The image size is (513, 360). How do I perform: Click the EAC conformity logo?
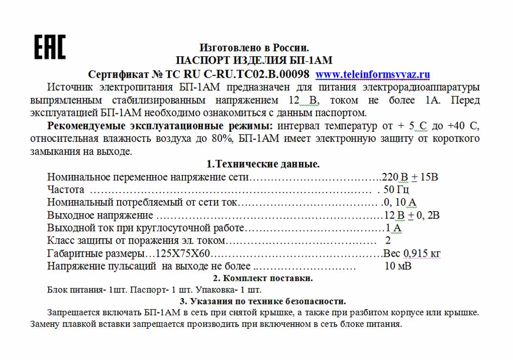[50, 47]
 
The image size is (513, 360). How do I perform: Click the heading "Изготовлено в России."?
[254, 48]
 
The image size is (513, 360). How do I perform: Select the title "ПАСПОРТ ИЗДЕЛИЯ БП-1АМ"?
[254, 61]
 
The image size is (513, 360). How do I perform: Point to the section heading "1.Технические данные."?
[263, 164]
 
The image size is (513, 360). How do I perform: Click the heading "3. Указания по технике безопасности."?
[263, 301]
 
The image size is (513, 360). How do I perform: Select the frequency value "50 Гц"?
[396, 190]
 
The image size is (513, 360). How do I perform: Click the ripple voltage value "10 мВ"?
[398, 266]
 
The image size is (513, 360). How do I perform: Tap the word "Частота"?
[66, 190]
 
